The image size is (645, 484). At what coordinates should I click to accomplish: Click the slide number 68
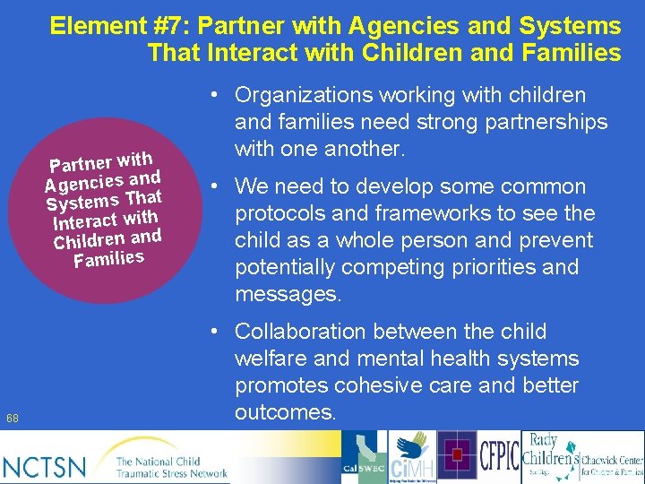tap(12, 418)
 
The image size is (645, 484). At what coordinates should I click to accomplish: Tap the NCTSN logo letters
tap(44, 466)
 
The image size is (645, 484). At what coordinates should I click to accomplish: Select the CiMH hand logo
tap(413, 456)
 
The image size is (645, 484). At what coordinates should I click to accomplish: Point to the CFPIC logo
tap(500, 456)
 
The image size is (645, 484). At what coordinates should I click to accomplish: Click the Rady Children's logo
tap(546, 456)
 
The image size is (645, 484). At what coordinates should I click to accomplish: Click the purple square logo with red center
tap(458, 456)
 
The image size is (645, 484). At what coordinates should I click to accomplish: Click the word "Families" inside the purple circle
tap(108, 259)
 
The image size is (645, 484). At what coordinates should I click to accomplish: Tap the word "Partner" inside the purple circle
tap(81, 164)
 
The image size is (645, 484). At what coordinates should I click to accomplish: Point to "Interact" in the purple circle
tap(85, 220)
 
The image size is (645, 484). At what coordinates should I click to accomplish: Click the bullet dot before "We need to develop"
tap(215, 187)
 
